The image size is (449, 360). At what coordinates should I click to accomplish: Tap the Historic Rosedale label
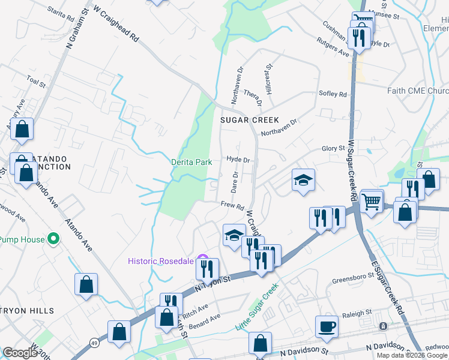160,260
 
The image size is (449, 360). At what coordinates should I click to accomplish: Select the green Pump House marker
53,239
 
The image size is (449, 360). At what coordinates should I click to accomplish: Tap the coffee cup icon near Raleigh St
327,326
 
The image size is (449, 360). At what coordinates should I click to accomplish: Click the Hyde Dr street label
238,160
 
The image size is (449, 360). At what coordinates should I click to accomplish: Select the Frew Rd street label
231,205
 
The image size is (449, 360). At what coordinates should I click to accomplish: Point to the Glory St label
334,148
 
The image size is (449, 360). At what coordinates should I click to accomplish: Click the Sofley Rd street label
333,94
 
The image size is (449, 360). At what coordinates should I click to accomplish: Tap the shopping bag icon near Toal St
22,130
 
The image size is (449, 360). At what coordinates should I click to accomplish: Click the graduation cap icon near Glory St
304,179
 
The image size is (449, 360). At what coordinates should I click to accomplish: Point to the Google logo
20,353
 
